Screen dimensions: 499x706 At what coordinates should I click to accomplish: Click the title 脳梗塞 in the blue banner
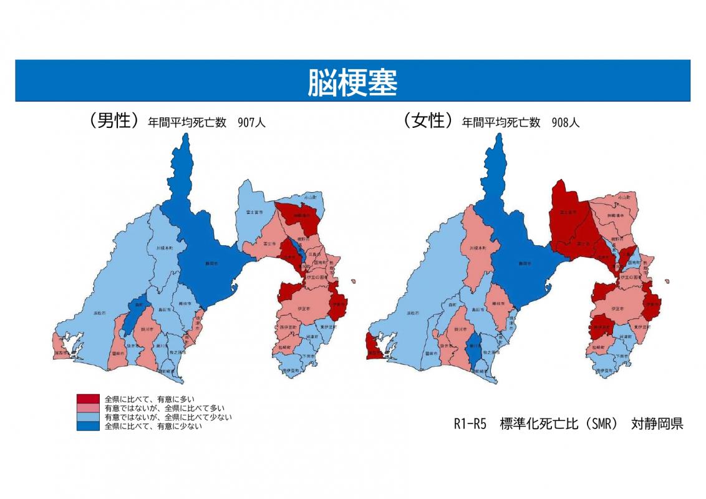[x=352, y=82]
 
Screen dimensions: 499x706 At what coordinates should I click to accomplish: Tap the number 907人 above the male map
[x=252, y=123]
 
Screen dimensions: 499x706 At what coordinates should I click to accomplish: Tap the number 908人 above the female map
[x=566, y=123]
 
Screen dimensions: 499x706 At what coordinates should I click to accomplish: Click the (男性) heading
[x=113, y=121]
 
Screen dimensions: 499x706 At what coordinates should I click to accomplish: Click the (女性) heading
[x=427, y=121]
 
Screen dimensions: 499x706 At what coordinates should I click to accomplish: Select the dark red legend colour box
[x=88, y=399]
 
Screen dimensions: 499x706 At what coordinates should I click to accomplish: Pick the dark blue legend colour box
[x=88, y=427]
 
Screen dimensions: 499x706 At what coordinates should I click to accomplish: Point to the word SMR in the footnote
[x=602, y=424]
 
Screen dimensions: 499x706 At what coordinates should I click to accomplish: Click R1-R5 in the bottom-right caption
[x=469, y=424]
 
